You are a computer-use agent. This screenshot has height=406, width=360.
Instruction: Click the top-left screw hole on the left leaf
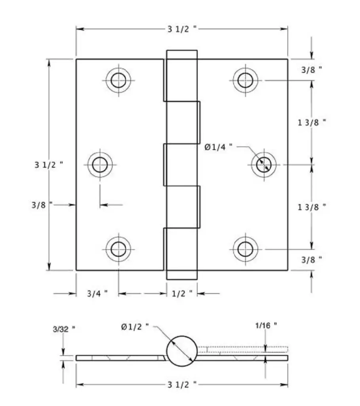point(118,80)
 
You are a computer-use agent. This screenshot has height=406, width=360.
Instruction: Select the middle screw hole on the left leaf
point(100,165)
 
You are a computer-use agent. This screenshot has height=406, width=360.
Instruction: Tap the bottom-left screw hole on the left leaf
point(118,249)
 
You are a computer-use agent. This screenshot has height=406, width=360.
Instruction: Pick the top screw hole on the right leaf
point(245,80)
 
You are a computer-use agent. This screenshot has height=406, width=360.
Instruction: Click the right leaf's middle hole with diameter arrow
point(264,165)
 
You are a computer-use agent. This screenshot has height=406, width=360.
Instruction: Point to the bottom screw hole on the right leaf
point(245,249)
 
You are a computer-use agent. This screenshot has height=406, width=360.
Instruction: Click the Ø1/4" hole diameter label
point(218,147)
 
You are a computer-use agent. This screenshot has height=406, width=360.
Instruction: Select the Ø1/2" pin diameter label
point(135,327)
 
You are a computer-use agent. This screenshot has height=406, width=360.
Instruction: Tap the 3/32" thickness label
point(64,329)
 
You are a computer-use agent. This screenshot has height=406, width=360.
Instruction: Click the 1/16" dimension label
point(266,325)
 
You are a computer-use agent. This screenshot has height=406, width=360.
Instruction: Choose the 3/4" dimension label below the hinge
point(97,293)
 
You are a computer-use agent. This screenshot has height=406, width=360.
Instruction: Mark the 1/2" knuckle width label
point(182,293)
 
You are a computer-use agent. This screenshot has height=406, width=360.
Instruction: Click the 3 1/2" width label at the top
point(182,29)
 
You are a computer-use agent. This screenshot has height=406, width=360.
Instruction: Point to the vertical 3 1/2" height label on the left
point(49,165)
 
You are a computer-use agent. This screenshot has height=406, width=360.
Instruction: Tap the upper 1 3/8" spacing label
point(312,123)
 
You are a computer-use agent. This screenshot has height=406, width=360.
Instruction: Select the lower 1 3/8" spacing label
point(312,207)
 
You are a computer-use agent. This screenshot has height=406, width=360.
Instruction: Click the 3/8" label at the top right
point(312,70)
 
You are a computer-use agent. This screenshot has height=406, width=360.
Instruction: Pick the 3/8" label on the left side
point(42,205)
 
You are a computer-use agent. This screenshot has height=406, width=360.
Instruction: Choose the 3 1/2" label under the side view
point(182,385)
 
